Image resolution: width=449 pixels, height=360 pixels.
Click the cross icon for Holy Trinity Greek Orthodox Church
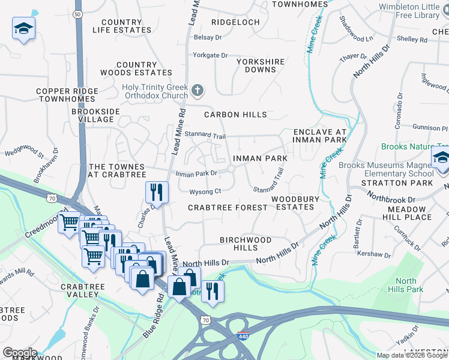click(197, 91)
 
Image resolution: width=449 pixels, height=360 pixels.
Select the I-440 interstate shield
click(243, 338)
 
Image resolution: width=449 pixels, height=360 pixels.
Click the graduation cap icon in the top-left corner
click(23, 29)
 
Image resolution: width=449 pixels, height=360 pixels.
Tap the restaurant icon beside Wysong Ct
click(156, 192)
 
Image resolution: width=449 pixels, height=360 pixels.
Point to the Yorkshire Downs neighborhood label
click(256, 65)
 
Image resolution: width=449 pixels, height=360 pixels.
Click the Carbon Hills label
click(235, 115)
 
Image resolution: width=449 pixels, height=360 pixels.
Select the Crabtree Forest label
click(228, 208)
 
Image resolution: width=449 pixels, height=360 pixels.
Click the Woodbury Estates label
click(292, 203)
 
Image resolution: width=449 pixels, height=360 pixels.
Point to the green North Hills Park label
click(406, 285)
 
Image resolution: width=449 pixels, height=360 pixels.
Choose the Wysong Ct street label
click(205, 192)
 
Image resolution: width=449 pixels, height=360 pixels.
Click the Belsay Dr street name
click(208, 37)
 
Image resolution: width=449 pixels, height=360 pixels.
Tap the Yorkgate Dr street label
click(210, 56)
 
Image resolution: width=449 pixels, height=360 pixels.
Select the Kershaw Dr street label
click(374, 254)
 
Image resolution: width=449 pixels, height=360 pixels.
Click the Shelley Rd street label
click(412, 40)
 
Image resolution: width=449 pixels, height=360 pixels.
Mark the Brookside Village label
click(95, 115)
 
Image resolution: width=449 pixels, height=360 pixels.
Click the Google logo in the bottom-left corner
click(20, 353)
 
